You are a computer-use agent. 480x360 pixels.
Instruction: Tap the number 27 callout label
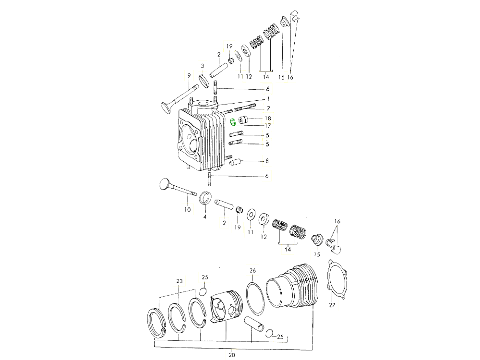[332, 304]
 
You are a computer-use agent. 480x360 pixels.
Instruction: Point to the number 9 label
[189, 75]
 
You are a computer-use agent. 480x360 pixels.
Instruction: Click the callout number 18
[268, 118]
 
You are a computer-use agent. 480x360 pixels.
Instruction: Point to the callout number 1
[268, 98]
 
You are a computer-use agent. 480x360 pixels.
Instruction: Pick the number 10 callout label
[187, 210]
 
